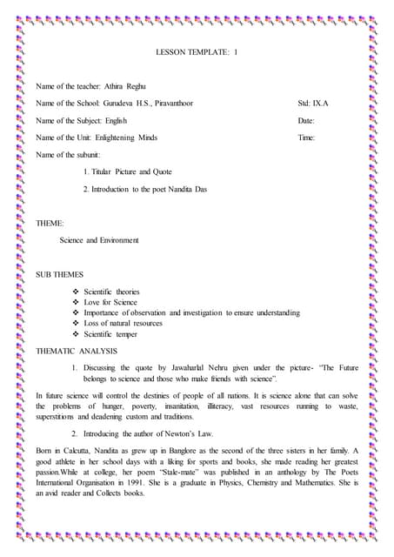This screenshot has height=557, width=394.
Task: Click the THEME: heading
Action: coord(49,223)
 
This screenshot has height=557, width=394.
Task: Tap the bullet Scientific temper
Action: coord(110,333)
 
